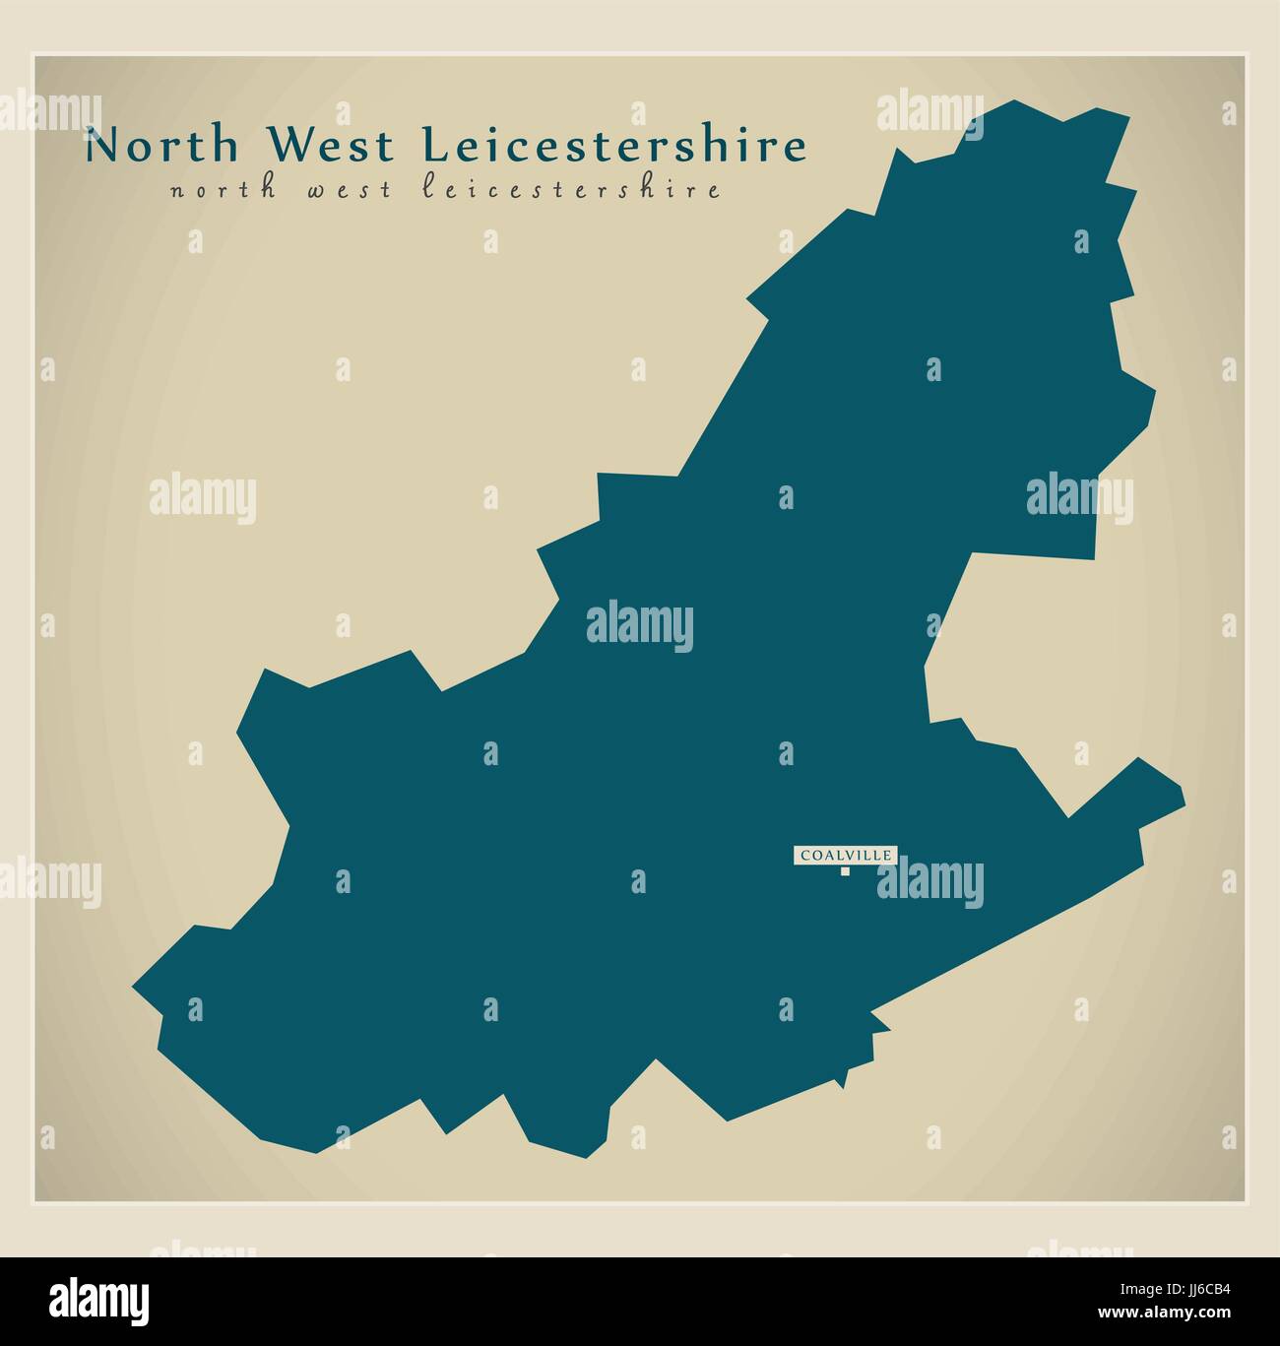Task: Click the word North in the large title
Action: click(x=161, y=146)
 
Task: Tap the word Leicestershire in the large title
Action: click(x=613, y=146)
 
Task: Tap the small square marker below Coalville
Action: click(x=844, y=870)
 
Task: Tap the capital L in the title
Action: click(x=435, y=146)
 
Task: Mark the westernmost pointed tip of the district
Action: click(x=135, y=984)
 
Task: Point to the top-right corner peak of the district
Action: click(x=1127, y=117)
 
